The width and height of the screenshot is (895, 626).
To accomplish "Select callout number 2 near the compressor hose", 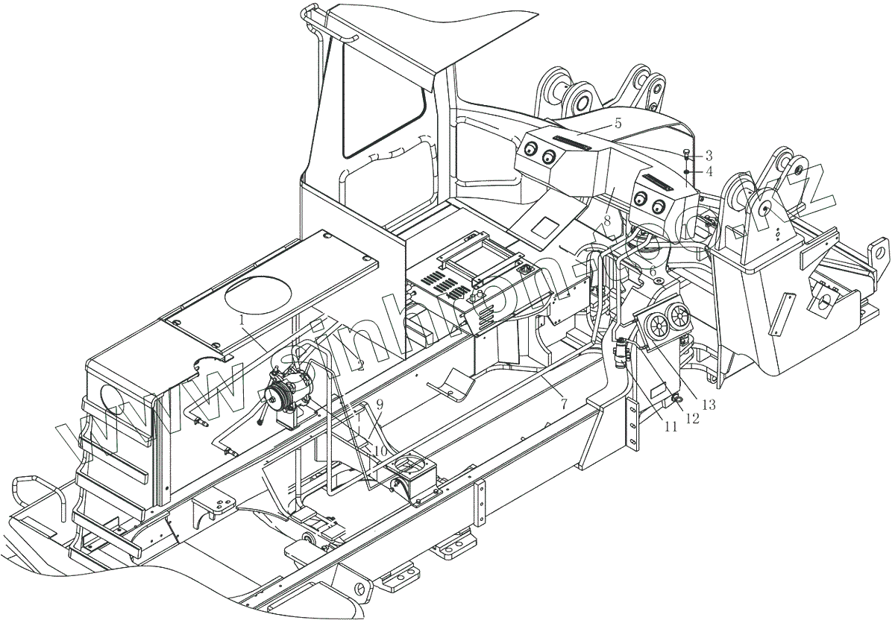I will pos(359,364).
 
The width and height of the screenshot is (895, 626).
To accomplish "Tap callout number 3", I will pos(709,156).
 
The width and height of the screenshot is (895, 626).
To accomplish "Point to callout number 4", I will pos(709,171).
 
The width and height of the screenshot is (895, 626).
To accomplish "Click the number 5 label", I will pos(618,124).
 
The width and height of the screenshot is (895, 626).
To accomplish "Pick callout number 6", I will pos(653,272).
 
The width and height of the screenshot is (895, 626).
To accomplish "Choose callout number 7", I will pos(564,403).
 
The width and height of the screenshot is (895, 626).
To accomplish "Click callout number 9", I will pos(380,405).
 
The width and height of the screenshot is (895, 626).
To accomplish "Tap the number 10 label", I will pos(380,451).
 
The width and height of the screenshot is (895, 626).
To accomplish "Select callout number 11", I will pos(671,427).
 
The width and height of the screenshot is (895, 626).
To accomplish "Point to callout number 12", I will pos(692,418).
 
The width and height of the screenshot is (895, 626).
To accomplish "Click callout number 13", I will pos(708,405).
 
